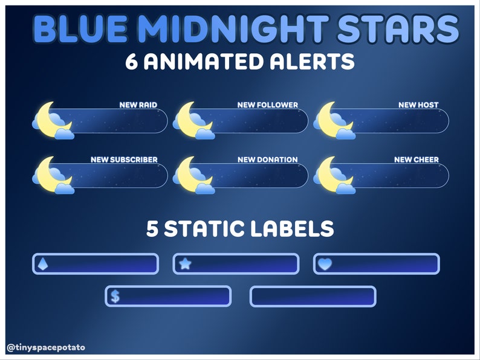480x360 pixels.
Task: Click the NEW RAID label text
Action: point(138,105)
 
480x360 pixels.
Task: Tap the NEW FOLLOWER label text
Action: point(267,105)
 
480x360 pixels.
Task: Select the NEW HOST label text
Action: point(418,105)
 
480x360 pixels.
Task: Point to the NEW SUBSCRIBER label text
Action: point(124,160)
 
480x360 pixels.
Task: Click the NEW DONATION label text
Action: point(267,160)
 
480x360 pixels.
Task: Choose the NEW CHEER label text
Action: point(416,160)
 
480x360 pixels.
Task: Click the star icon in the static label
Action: point(185,264)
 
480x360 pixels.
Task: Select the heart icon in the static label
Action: point(325,264)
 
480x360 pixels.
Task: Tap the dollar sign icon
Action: point(115,296)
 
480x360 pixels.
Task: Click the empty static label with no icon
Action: point(313,297)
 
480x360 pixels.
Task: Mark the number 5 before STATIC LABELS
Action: point(152,229)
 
